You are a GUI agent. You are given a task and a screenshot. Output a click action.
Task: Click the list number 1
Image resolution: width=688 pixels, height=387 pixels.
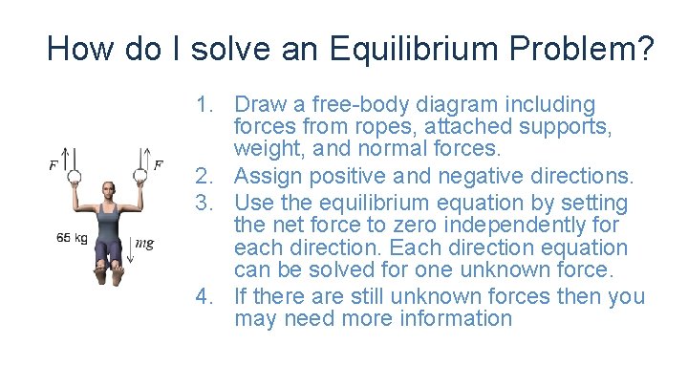(x=203, y=104)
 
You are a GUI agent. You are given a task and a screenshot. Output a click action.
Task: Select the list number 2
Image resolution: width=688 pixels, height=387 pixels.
(x=203, y=175)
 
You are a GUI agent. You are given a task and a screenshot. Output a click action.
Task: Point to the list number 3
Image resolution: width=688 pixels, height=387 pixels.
(x=203, y=203)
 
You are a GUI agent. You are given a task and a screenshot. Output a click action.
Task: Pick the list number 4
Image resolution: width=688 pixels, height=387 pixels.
(x=203, y=296)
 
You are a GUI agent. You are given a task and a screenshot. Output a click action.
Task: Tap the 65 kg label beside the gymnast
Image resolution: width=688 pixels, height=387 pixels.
(x=72, y=237)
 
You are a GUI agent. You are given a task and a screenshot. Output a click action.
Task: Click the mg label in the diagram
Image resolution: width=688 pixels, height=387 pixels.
(x=144, y=244)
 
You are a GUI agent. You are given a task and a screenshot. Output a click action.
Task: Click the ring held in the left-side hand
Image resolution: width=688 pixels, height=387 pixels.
(x=70, y=175)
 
